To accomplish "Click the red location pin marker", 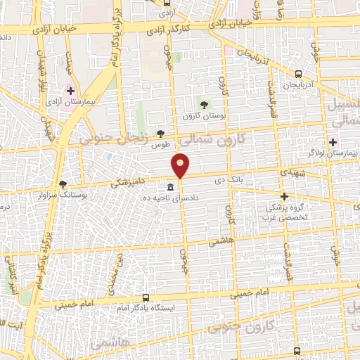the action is click(x=181, y=165).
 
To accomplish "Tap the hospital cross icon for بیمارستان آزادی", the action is click(x=70, y=91).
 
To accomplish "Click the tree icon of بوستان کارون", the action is click(x=205, y=105).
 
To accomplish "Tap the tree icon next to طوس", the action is click(x=161, y=134).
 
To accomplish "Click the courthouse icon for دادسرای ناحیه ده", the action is click(x=170, y=187).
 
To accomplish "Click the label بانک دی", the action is click(x=229, y=179).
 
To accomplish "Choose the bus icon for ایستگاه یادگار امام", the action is click(x=146, y=297).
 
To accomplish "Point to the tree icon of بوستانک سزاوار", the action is click(x=63, y=183).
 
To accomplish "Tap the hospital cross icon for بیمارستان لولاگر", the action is click(x=332, y=141).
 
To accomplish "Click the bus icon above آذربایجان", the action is click(x=298, y=73).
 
